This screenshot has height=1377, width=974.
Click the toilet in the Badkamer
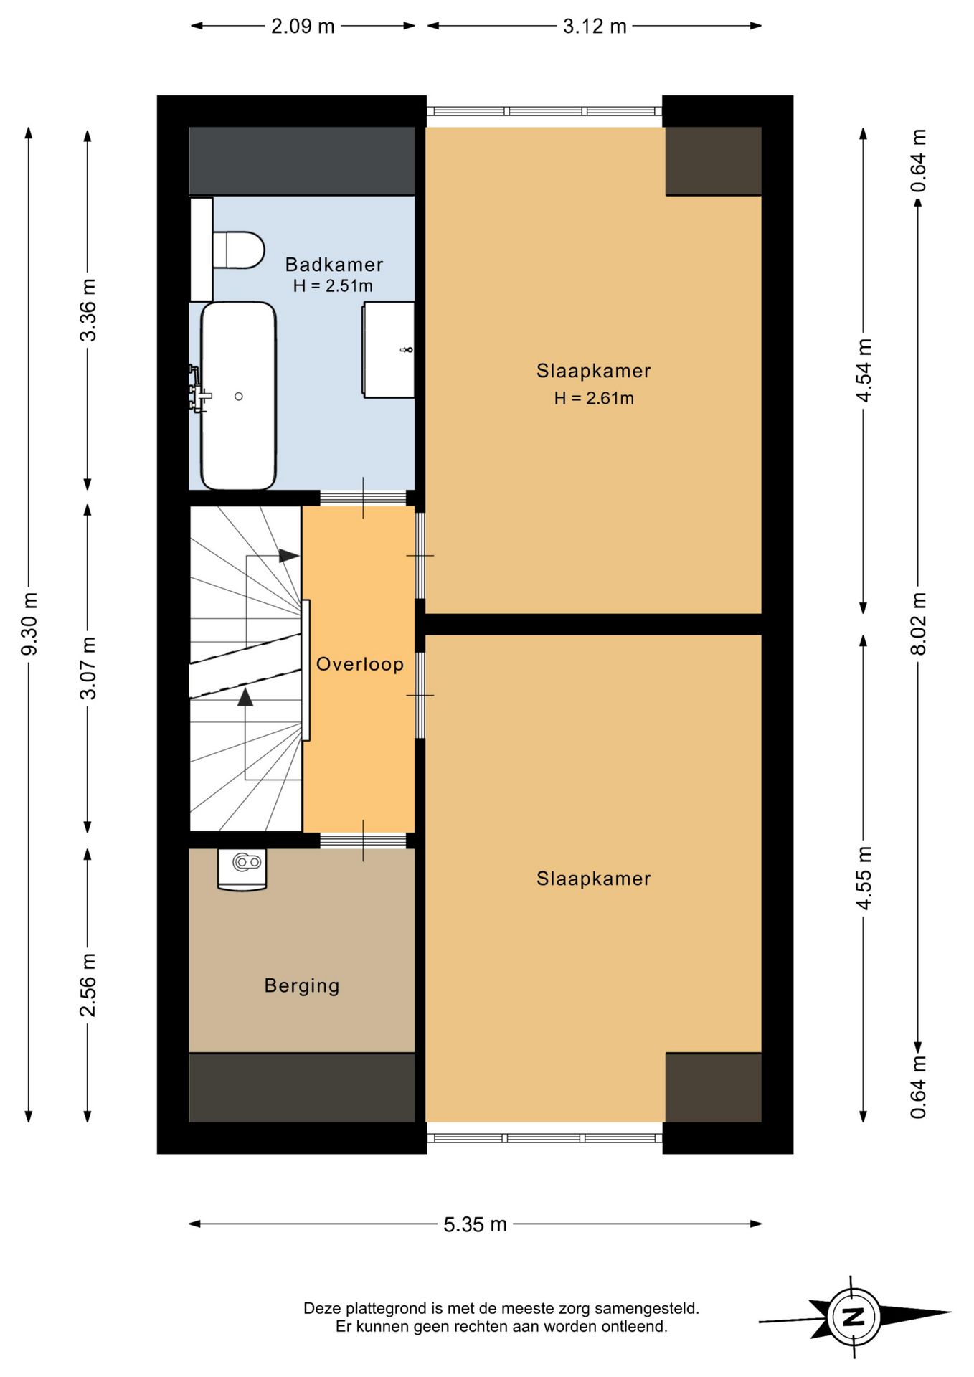coord(237,250)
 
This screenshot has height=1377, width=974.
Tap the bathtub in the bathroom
coord(238,396)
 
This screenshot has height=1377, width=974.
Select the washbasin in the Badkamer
coord(388,349)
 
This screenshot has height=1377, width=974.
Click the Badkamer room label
coord(334,265)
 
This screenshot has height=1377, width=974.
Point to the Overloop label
coord(360,664)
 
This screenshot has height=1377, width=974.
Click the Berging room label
coord(302,985)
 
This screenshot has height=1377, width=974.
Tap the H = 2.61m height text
coord(594,398)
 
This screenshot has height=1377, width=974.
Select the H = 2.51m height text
coord(333,285)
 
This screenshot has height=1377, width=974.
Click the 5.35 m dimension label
coord(475,1224)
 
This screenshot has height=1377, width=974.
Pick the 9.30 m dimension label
coord(29,624)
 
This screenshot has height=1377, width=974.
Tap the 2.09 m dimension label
coord(303,27)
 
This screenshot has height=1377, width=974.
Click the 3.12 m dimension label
coord(595,27)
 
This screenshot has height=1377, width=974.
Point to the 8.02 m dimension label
coord(918,624)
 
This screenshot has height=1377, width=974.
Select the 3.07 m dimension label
coord(88,668)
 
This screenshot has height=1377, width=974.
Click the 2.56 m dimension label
coord(88,985)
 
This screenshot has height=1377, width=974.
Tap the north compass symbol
coord(854,1317)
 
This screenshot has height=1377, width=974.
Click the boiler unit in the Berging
coord(242,869)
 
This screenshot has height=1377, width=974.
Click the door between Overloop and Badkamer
coord(363,498)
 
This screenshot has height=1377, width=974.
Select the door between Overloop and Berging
coord(363,841)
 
